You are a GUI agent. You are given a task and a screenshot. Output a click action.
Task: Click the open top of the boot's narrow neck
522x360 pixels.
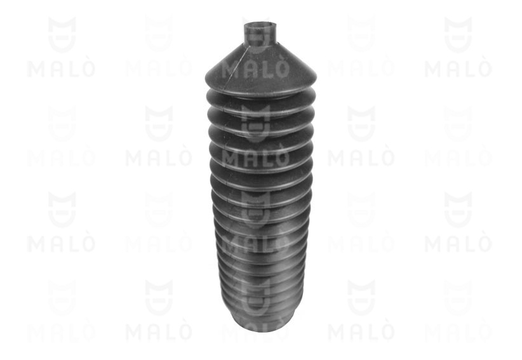point(260,25)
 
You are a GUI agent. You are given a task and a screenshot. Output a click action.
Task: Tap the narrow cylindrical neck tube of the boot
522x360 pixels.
point(260,32)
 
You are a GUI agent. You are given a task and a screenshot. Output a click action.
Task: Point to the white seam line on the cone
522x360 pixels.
point(236,65)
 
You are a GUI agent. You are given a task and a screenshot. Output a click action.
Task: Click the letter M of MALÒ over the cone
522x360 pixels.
point(231,69)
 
